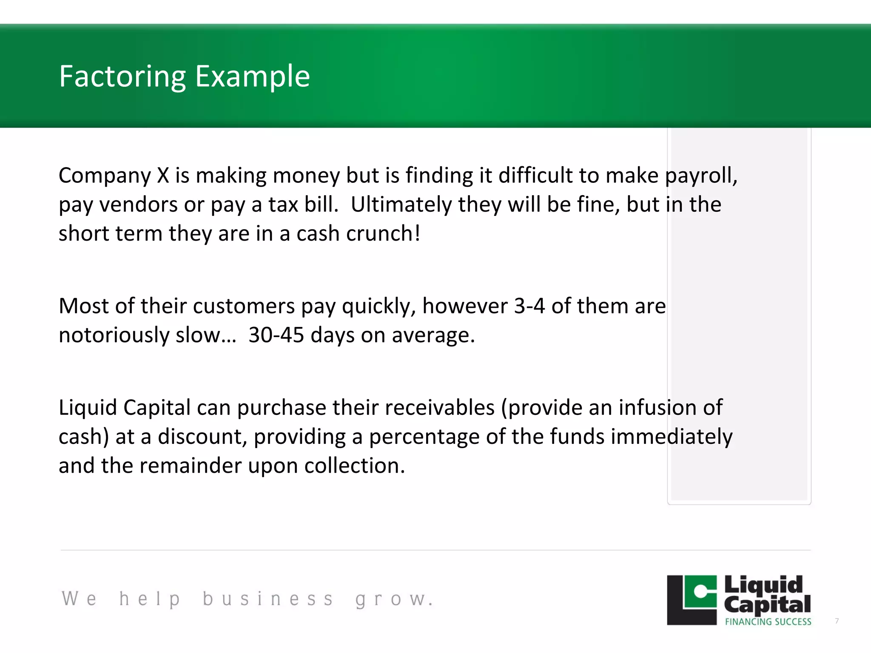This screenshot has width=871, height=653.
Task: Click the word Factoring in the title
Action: [x=122, y=77]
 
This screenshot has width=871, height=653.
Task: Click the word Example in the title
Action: [x=253, y=77]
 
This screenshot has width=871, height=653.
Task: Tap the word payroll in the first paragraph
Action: [x=701, y=176]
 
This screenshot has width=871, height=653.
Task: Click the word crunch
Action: [x=383, y=234]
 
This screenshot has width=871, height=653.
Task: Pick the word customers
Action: [x=244, y=306]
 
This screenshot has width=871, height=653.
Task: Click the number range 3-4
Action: [x=529, y=306]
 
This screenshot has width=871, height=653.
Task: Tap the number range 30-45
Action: [x=276, y=335]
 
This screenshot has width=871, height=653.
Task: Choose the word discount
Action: [x=202, y=437]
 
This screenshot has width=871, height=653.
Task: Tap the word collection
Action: [x=355, y=466]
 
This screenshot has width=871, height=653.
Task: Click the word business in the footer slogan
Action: [x=268, y=599]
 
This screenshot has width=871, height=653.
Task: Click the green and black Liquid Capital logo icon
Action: [x=692, y=600]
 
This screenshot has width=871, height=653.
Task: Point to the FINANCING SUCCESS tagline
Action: [x=768, y=622]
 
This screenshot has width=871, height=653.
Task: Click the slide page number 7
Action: [x=837, y=621]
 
